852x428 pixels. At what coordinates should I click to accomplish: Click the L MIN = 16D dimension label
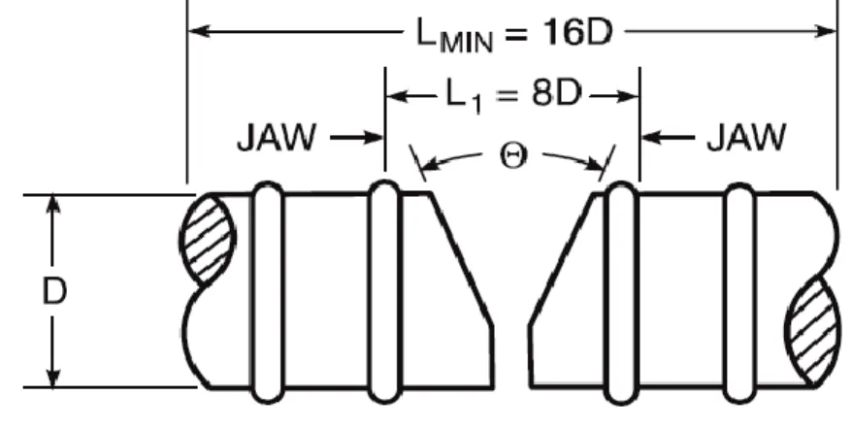click(514, 34)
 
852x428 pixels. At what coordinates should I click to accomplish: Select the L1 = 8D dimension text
click(513, 97)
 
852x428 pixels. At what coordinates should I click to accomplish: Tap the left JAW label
click(276, 138)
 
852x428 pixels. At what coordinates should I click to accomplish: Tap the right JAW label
click(746, 138)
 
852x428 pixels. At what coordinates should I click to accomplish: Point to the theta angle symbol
click(513, 157)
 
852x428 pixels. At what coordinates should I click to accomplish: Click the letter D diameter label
click(54, 291)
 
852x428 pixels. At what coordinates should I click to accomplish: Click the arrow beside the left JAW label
click(357, 138)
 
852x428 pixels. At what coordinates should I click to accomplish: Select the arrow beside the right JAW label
click(668, 138)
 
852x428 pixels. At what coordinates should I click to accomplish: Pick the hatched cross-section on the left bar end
click(207, 240)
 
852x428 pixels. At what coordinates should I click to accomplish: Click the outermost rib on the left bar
click(268, 293)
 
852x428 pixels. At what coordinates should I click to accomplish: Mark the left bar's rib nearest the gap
click(384, 292)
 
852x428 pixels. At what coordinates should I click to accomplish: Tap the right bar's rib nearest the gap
click(621, 293)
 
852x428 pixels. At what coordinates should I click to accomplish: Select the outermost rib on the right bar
click(739, 293)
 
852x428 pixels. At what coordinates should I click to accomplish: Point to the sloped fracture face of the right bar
click(562, 260)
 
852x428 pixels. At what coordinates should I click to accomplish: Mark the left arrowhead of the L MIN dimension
click(199, 31)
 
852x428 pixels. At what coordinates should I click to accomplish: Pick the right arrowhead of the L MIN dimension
click(826, 31)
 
